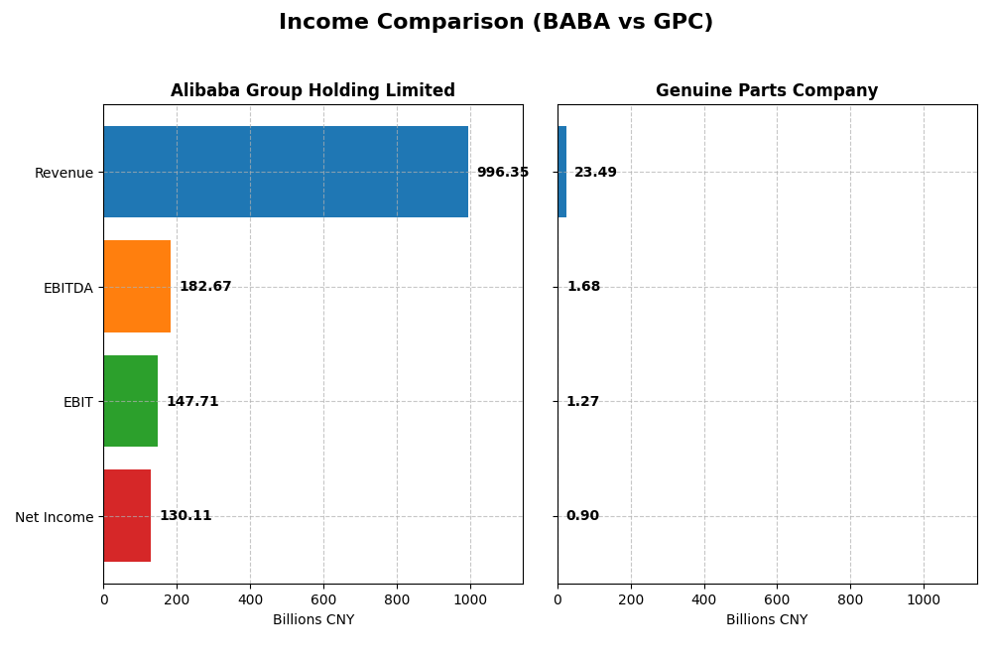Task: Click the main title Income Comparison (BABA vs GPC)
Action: tap(495, 22)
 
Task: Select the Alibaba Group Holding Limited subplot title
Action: tap(312, 90)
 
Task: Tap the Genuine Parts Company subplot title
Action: tap(766, 90)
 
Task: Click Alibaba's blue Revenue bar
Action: tap(286, 172)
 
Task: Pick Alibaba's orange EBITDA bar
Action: tap(137, 287)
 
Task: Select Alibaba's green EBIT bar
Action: tap(130, 401)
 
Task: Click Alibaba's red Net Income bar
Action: tap(127, 516)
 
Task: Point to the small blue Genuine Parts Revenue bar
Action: tap(561, 172)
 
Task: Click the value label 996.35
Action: tap(502, 173)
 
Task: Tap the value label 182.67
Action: tap(205, 287)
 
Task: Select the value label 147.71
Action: tap(192, 402)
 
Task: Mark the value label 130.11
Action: tap(186, 516)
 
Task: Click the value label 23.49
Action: tap(595, 173)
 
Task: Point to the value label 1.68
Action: tap(583, 287)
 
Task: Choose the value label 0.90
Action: tap(582, 516)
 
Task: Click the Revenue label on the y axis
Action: tap(63, 173)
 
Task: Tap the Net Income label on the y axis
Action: tap(54, 517)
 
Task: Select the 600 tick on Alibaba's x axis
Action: tap(323, 600)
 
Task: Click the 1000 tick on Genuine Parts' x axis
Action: tap(924, 600)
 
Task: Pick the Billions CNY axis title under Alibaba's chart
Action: tap(312, 620)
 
